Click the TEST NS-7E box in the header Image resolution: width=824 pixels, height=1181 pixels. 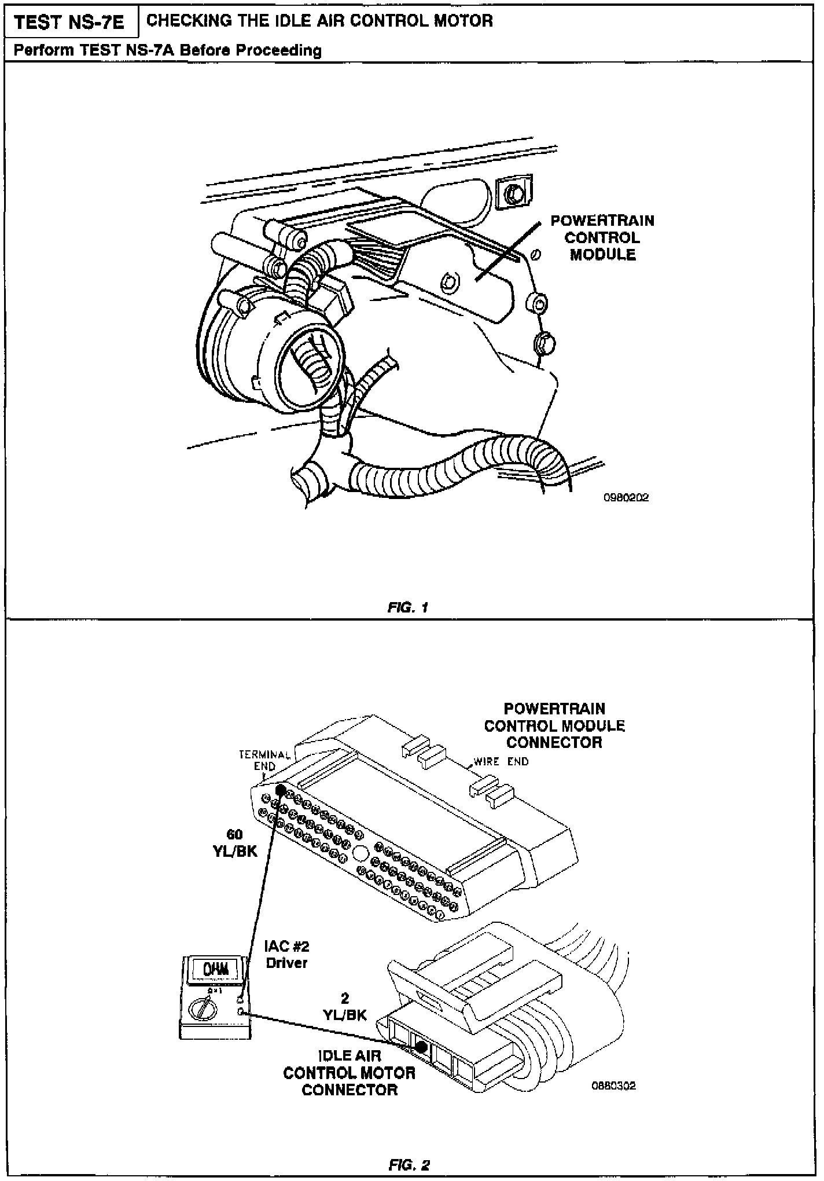point(69,23)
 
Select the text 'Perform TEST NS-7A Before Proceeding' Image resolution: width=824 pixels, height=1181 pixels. point(168,50)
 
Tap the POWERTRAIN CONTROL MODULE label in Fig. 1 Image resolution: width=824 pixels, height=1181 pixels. point(602,238)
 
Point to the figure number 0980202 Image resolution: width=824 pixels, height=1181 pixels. point(626,497)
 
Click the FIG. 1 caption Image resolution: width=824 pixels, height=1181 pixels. point(409,607)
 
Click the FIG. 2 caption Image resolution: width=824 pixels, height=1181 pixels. point(409,1164)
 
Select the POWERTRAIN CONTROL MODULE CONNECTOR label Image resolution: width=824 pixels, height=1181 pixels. point(554,725)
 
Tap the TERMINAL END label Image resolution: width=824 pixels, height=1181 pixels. point(265,760)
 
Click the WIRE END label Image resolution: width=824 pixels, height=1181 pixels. point(501,762)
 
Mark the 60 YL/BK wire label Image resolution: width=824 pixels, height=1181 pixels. point(235,842)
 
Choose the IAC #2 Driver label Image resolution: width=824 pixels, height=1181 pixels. point(286,955)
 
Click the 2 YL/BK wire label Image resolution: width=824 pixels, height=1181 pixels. point(345,1007)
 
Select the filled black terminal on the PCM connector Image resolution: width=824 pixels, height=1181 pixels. point(281,789)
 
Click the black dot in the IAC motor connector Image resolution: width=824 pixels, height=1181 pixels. point(421,1046)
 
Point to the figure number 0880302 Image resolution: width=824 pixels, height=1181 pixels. point(613,1086)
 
